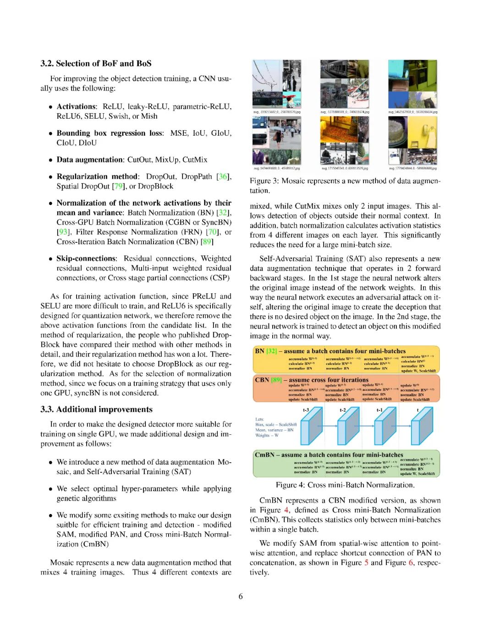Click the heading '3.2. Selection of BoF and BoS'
coord(96,64)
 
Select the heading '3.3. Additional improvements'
coord(96,410)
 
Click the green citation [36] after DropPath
coord(223,176)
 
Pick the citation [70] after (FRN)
coord(213,232)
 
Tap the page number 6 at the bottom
coord(241,596)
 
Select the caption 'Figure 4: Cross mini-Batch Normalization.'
coord(345,485)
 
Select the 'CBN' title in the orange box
coord(262,380)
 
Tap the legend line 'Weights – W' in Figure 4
coord(267,435)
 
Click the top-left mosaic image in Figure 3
coord(276,84)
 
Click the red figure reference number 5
coord(366,563)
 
